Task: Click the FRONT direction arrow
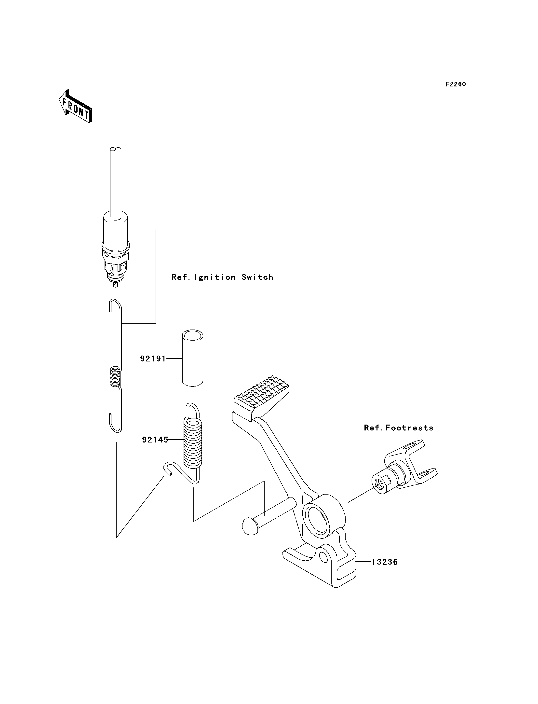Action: [x=76, y=107]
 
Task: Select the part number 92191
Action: [x=153, y=359]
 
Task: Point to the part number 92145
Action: [x=155, y=440]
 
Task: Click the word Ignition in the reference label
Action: [x=215, y=277]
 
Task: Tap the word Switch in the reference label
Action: [x=257, y=277]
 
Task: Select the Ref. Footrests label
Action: [x=398, y=428]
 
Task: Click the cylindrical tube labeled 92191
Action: [x=192, y=359]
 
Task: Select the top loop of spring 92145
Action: [x=192, y=410]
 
